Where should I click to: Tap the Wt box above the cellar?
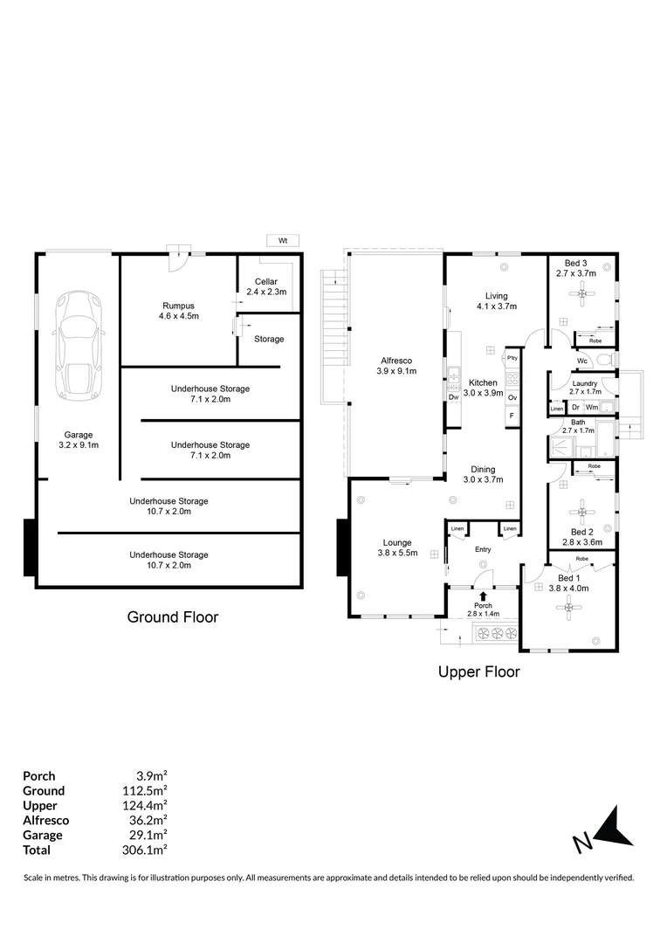pyautogui.click(x=283, y=240)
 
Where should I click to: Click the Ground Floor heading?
pyautogui.click(x=173, y=617)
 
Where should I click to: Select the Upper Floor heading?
pyautogui.click(x=478, y=672)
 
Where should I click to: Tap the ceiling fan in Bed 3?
pyautogui.click(x=581, y=294)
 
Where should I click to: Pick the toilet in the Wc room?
pyautogui.click(x=605, y=360)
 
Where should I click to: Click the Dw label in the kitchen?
pyautogui.click(x=453, y=397)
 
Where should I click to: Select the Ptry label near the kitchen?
pyautogui.click(x=512, y=358)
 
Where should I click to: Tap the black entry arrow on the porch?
pyautogui.click(x=483, y=596)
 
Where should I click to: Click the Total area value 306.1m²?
pyautogui.click(x=146, y=850)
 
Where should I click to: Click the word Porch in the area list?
pyautogui.click(x=39, y=775)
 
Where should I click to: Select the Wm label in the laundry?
pyautogui.click(x=591, y=407)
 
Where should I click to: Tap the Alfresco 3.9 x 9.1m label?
pyautogui.click(x=396, y=366)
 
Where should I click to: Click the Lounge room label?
pyautogui.click(x=397, y=547)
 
